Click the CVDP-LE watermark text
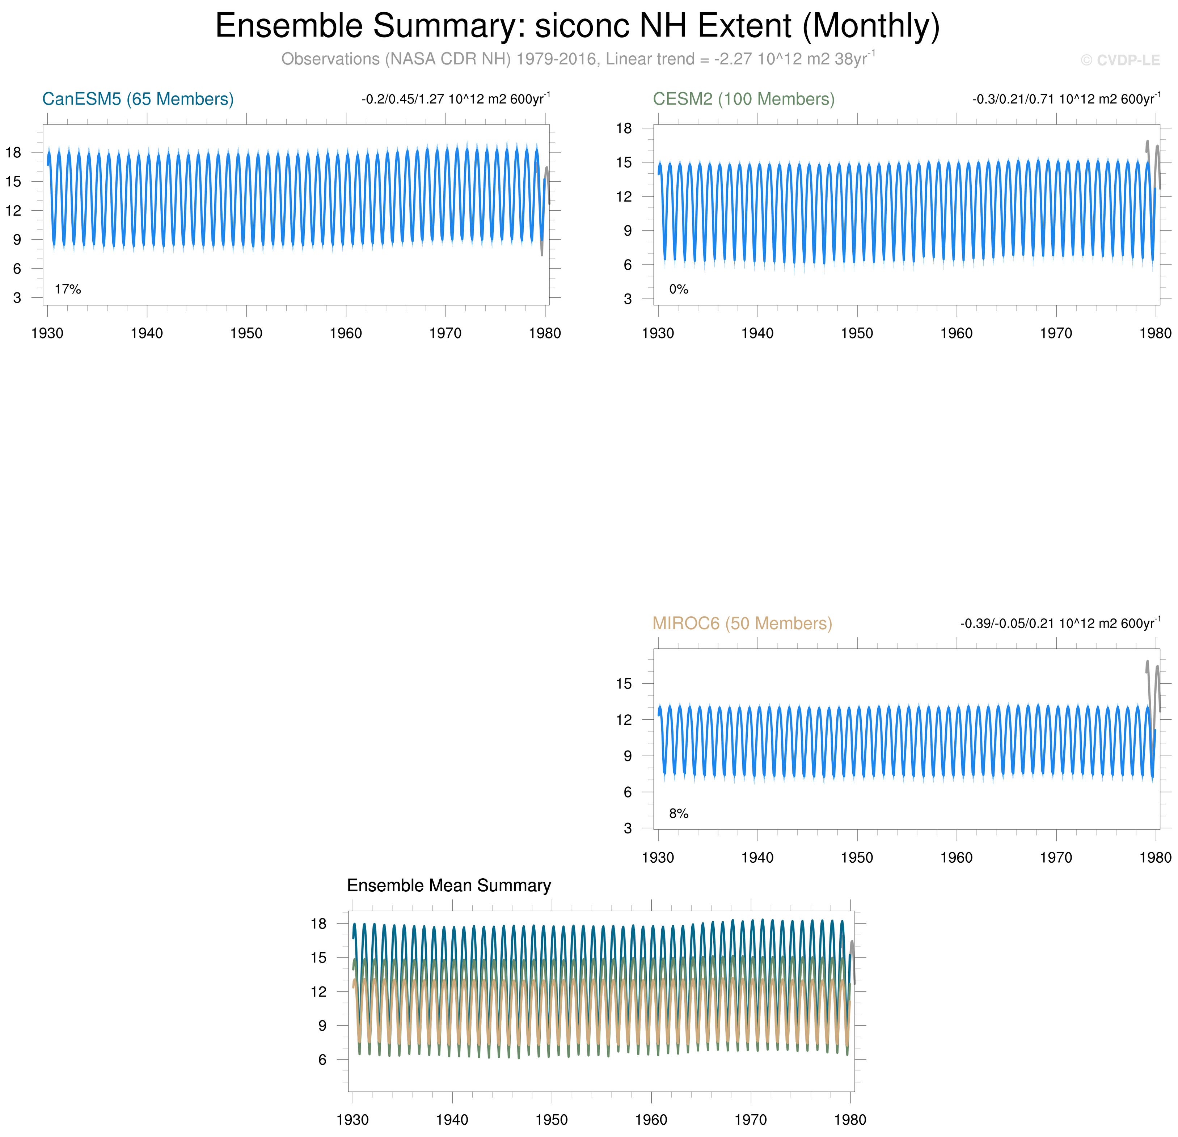point(1120,60)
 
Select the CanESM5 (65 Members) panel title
point(138,99)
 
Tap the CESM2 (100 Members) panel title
point(743,99)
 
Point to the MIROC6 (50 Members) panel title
point(742,623)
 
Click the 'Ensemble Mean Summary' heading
point(449,885)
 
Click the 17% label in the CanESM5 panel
point(68,289)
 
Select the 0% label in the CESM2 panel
point(679,289)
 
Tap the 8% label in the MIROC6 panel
point(679,813)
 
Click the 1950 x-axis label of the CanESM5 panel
point(246,334)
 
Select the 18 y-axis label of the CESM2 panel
point(624,128)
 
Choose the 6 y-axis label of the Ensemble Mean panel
point(322,1060)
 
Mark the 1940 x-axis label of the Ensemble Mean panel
point(452,1120)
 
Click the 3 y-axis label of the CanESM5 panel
point(17,297)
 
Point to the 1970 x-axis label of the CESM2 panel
point(1056,334)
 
